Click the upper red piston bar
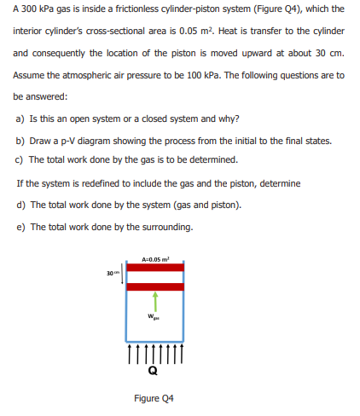point(155,268)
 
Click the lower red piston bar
point(155,286)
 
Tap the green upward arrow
point(155,302)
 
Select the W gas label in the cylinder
point(154,316)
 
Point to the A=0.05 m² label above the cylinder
point(155,259)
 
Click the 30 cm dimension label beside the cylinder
point(112,273)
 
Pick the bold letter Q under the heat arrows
point(153,371)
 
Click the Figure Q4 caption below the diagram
point(154,398)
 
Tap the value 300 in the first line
point(29,9)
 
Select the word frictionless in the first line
point(136,9)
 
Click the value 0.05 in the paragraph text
point(188,31)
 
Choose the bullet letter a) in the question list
point(20,118)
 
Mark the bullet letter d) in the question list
point(20,205)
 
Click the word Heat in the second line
point(229,31)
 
